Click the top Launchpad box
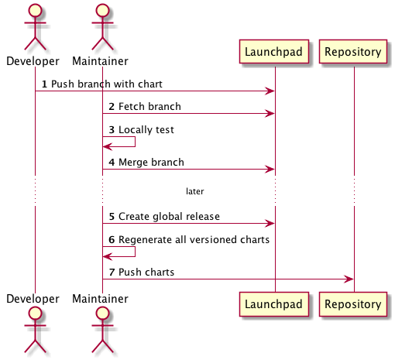click(x=274, y=52)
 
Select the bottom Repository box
click(x=353, y=304)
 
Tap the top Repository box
click(x=353, y=52)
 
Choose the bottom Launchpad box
click(x=274, y=304)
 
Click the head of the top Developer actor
click(x=35, y=10)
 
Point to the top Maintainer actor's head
click(x=102, y=10)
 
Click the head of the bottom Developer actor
click(x=35, y=314)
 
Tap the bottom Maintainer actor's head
click(x=102, y=314)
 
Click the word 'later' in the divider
click(x=195, y=191)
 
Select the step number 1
click(x=44, y=84)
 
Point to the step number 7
click(x=112, y=273)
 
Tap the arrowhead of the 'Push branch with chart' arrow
click(x=270, y=91)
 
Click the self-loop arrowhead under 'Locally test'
click(x=108, y=146)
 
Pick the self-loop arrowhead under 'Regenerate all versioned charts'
click(x=108, y=256)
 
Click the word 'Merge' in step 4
click(x=133, y=163)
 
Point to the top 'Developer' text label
click(x=33, y=61)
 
